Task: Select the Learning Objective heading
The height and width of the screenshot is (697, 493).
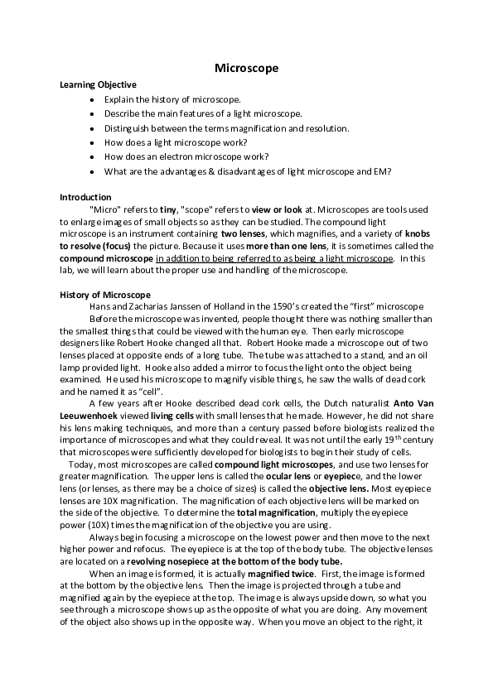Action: [x=98, y=84]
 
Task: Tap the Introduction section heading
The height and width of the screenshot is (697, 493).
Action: [x=85, y=197]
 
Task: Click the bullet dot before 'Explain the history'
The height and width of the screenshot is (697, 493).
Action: [x=90, y=99]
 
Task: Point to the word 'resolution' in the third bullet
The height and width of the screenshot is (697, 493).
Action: [x=328, y=128]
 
